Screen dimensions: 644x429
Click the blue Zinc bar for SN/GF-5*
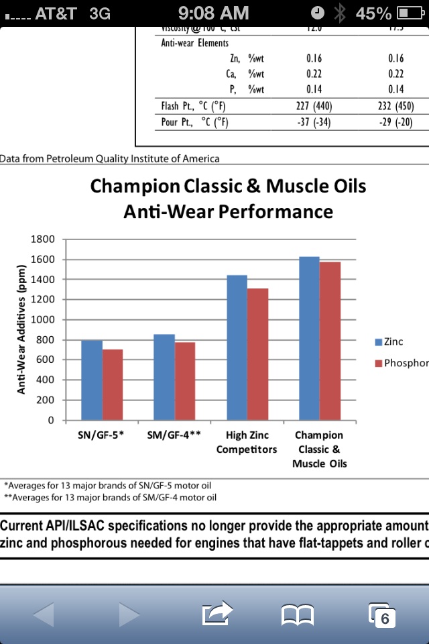point(92,380)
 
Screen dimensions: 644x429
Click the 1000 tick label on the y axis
point(42,320)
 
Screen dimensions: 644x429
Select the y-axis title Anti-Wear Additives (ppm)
point(21,330)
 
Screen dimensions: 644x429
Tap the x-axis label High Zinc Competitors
point(246,442)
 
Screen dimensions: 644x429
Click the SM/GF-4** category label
point(174,435)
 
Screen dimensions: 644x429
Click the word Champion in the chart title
point(134,186)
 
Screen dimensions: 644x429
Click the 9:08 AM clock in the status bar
point(214,13)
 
